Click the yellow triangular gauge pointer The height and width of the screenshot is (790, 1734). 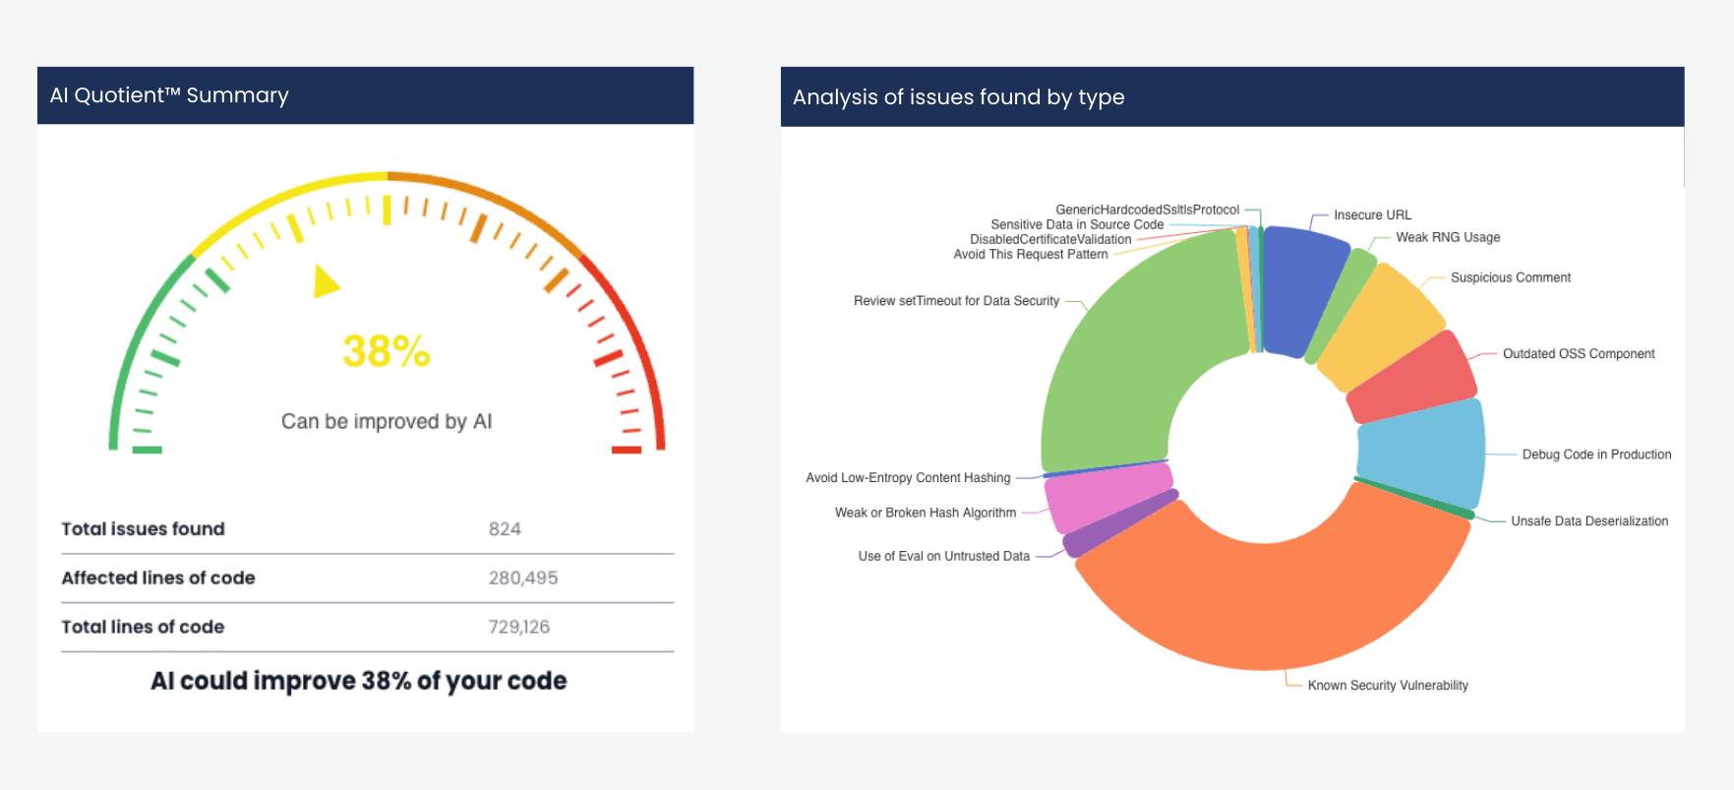point(324,281)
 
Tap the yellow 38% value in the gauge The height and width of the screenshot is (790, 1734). point(386,351)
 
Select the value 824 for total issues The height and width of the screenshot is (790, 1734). point(505,529)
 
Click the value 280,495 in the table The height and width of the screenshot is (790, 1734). point(522,578)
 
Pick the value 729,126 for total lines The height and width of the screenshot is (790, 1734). point(518,627)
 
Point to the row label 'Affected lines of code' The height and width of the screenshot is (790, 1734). point(158,578)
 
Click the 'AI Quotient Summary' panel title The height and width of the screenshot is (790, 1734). point(169,95)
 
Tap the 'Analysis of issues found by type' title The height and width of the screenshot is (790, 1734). point(958,97)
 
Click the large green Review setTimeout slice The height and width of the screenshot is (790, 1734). point(1131,364)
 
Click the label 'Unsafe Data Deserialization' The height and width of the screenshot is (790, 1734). point(1588,521)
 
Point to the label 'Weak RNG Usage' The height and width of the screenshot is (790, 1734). point(1447,237)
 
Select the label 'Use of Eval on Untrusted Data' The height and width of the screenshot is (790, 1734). point(943,556)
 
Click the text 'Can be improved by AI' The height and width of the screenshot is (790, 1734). point(386,421)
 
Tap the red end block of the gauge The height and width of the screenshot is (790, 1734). point(627,450)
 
